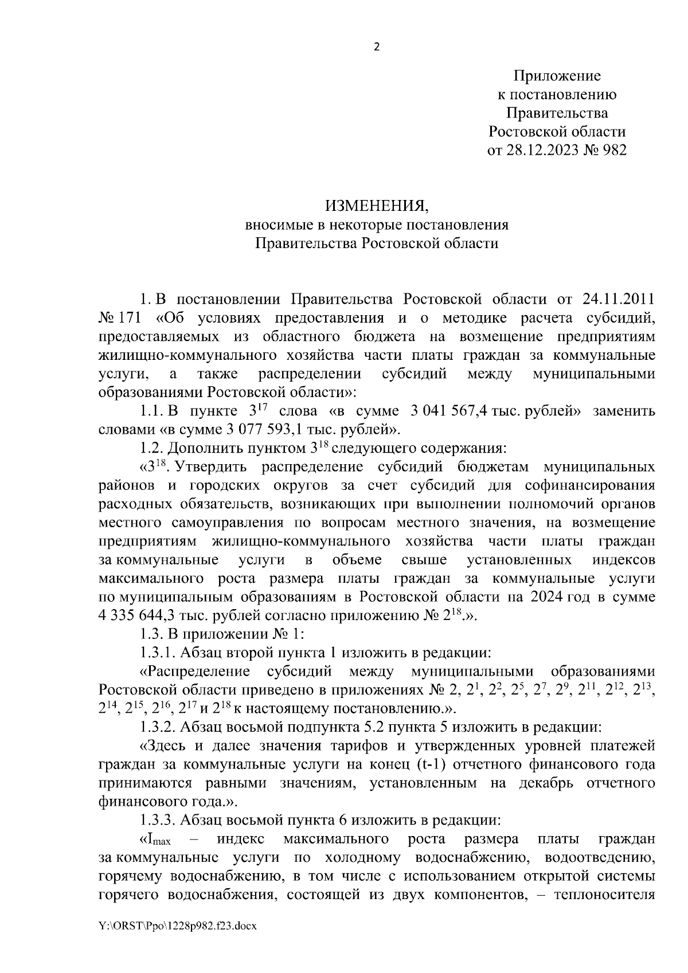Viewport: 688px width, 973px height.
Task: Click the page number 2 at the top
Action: (376, 48)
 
